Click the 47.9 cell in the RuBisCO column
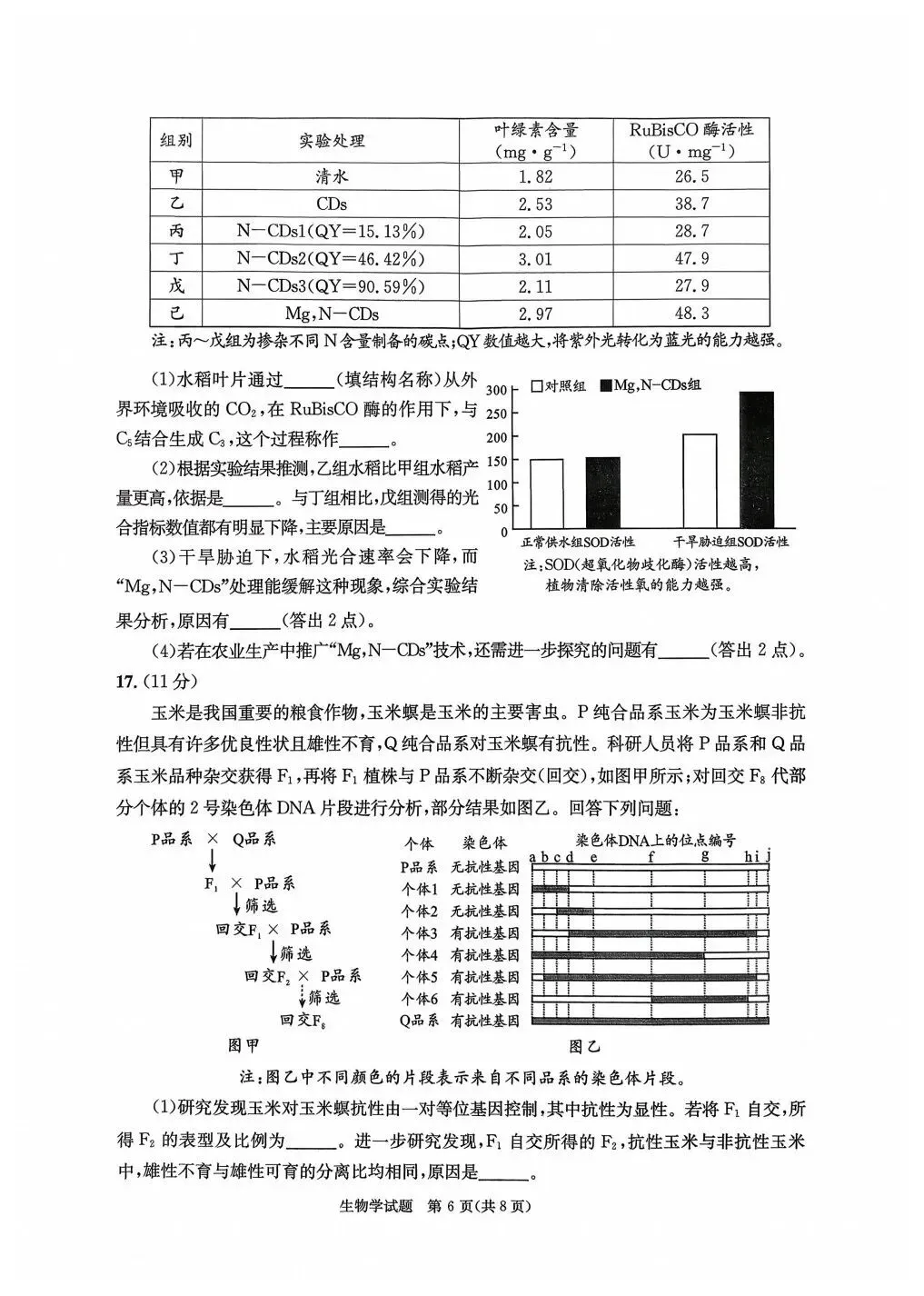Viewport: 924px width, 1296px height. (692, 259)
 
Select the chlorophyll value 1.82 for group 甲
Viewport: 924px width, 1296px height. (535, 177)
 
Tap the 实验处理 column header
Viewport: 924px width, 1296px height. (332, 141)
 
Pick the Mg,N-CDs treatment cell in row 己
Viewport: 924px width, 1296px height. (332, 314)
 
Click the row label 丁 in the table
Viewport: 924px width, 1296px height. (177, 259)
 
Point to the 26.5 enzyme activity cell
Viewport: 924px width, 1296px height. (692, 177)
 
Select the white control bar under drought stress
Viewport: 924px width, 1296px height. (699, 481)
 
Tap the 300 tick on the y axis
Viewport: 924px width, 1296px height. (496, 390)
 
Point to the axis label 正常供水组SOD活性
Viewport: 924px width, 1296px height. (578, 542)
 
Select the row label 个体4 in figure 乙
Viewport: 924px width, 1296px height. (420, 955)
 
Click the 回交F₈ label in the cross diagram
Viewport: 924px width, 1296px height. (303, 1021)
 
